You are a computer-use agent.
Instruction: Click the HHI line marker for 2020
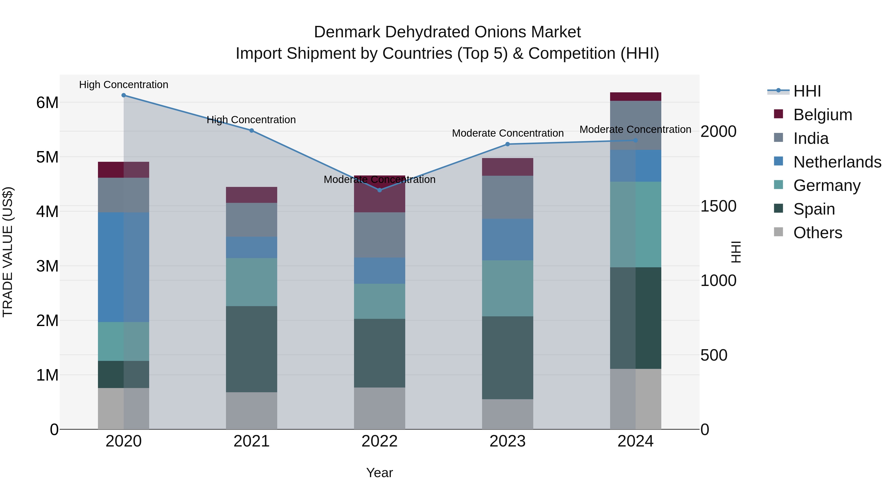[124, 95]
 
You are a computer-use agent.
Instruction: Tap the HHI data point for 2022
[379, 190]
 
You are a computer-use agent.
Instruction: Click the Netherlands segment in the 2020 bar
[124, 267]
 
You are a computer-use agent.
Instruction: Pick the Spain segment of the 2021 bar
[252, 349]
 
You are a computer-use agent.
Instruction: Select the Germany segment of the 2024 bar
[635, 224]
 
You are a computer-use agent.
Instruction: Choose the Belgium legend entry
[822, 115]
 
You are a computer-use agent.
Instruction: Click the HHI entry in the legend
[807, 91]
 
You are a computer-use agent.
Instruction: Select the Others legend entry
[817, 233]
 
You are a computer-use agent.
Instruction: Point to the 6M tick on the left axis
[47, 103]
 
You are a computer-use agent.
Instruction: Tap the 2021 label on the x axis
[252, 441]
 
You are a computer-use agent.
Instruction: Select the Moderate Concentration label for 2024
[635, 129]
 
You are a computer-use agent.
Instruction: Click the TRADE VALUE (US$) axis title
[8, 252]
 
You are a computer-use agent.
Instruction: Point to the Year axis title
[379, 473]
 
